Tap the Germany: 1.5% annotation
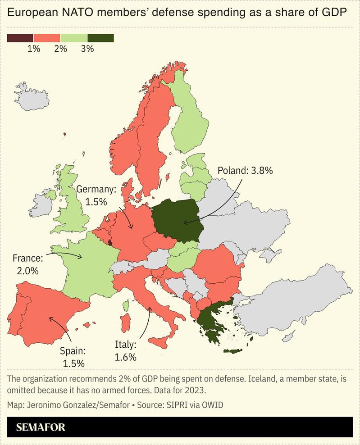pyautogui.click(x=96, y=195)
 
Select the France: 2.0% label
pyautogui.click(x=27, y=264)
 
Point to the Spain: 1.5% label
pyautogui.click(x=73, y=356)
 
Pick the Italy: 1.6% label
pyautogui.click(x=125, y=351)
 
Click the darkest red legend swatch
pyautogui.click(x=20, y=38)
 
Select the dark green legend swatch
pyautogui.click(x=100, y=38)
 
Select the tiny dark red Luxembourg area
pyautogui.click(x=110, y=242)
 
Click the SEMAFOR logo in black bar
pyautogui.click(x=40, y=427)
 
